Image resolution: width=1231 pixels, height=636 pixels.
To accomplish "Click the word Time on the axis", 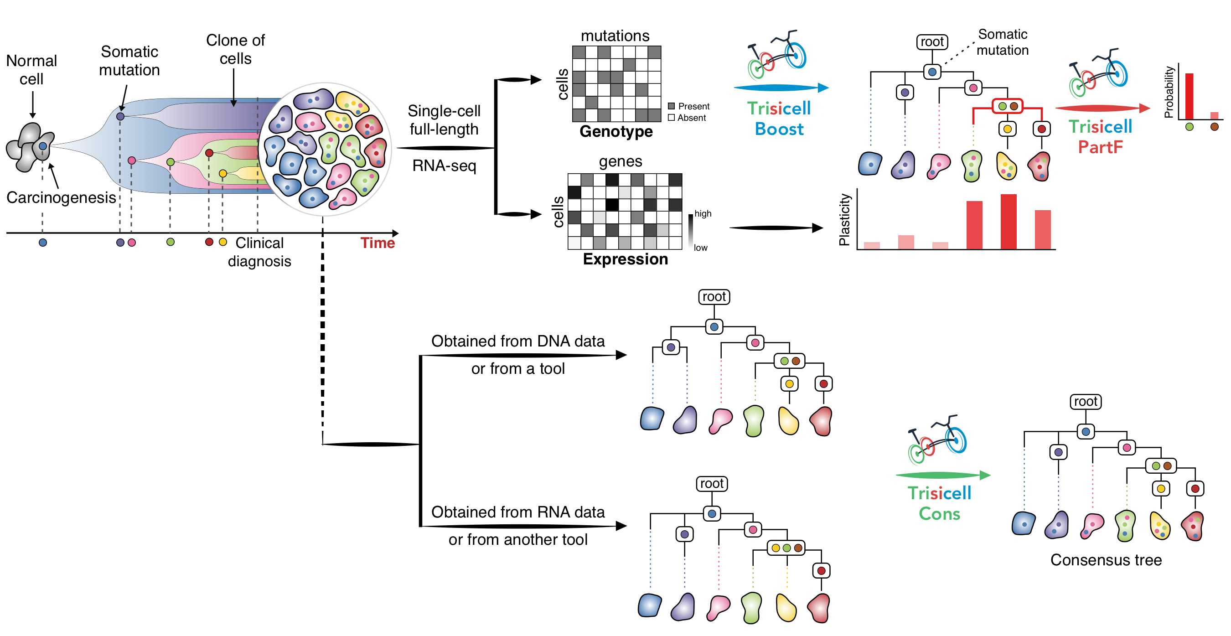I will pos(377,243).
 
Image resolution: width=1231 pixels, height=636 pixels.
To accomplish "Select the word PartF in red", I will pos(1100,147).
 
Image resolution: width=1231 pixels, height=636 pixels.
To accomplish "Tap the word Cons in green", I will pos(939,514).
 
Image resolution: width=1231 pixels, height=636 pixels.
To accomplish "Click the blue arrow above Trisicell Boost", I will pos(781,88).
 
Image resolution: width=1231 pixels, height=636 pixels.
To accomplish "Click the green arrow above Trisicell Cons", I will pos(942,475).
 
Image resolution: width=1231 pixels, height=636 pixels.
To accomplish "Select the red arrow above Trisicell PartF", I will pos(1102,109).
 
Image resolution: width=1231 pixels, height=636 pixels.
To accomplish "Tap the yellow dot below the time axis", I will pos(222,242).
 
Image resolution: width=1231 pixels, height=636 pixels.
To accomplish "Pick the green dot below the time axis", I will pos(170,242).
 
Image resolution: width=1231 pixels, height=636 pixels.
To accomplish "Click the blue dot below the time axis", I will pos(42,243).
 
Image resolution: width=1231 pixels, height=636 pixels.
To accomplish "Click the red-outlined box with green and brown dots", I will pos(1007,106).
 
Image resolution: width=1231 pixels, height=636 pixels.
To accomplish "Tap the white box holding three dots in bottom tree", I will pos(786,548).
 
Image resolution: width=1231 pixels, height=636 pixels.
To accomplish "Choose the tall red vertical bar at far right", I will pos(1190,96).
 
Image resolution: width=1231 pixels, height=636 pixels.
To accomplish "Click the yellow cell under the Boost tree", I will pos(1006,166).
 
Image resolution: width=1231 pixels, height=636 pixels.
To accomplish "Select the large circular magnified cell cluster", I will pos(325,149).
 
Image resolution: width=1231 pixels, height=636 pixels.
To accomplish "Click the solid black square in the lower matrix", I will pos(612,205).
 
